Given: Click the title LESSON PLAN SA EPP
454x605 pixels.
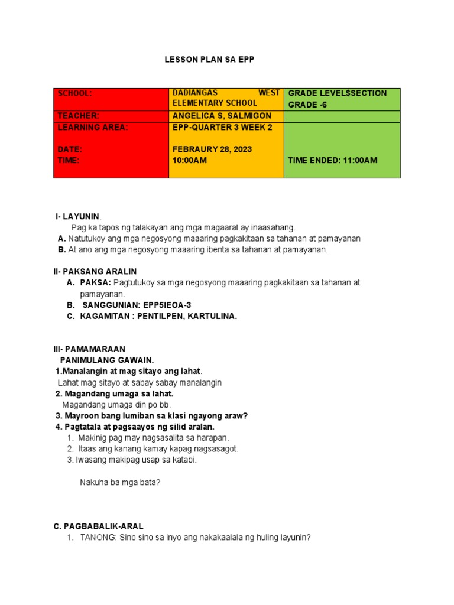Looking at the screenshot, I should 212,60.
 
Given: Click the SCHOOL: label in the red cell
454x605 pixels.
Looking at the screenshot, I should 74,93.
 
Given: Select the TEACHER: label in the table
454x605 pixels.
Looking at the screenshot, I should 78,116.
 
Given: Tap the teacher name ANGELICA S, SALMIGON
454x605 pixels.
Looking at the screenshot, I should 219,116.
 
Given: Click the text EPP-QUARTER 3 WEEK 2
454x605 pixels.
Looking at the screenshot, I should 222,127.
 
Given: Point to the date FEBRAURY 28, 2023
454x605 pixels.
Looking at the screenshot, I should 212,149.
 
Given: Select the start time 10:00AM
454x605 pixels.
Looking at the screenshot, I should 190,160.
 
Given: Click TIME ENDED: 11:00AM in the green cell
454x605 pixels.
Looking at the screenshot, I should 332,160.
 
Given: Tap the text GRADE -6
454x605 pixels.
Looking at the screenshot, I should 307,105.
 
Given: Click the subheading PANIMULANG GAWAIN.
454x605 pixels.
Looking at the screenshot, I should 107,360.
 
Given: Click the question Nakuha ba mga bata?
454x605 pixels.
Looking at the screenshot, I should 120,482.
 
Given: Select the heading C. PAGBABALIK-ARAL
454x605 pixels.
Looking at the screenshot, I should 98,526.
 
